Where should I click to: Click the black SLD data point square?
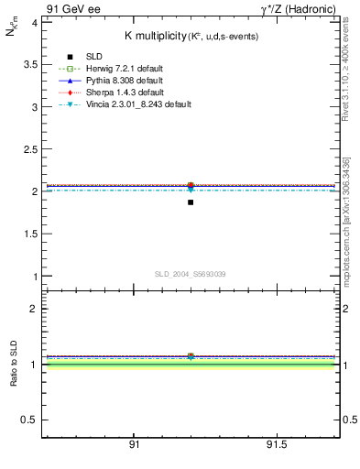click(x=191, y=202)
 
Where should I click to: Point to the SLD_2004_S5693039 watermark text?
click(x=191, y=274)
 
